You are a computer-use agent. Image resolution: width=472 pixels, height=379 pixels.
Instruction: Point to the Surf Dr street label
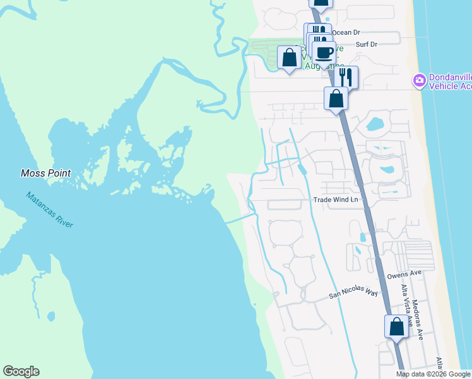click(366, 44)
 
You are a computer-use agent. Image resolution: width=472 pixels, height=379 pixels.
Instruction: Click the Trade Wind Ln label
click(336, 200)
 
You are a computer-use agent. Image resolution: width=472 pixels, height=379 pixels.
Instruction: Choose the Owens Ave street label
click(404, 275)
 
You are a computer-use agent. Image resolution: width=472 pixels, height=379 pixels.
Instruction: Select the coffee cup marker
click(324, 53)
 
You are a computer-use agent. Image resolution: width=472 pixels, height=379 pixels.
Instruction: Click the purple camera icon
click(418, 80)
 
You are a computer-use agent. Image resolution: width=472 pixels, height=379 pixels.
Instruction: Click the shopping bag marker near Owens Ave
click(396, 327)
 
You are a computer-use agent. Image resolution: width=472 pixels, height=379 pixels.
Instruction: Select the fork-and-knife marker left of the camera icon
click(346, 76)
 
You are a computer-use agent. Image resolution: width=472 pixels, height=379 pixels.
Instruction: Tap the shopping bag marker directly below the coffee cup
click(336, 99)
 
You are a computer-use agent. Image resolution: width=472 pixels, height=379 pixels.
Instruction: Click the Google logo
click(21, 371)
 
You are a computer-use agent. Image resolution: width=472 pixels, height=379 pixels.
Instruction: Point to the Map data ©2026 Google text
click(433, 374)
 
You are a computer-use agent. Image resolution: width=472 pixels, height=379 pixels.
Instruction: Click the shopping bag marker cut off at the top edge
click(321, 3)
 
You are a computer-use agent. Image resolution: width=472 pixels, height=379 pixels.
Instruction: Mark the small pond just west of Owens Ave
click(362, 238)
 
